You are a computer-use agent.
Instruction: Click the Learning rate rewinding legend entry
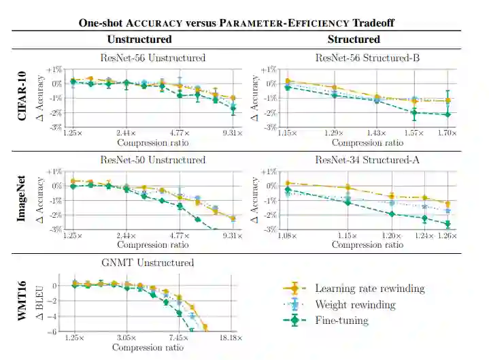(x=369, y=289)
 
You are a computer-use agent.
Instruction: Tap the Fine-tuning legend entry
(x=341, y=321)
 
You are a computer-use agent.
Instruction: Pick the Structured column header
(x=354, y=39)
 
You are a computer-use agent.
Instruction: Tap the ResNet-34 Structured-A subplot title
(x=371, y=160)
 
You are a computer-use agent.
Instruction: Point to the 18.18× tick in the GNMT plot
(x=231, y=338)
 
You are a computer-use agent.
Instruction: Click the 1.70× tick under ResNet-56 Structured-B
(x=446, y=133)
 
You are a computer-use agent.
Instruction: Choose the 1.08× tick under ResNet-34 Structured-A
(x=288, y=235)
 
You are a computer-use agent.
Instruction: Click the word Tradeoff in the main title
(x=370, y=23)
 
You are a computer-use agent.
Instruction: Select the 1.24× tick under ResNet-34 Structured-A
(x=424, y=235)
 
